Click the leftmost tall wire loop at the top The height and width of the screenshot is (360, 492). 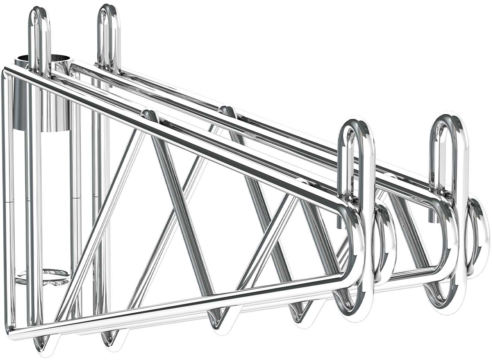(40, 22)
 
